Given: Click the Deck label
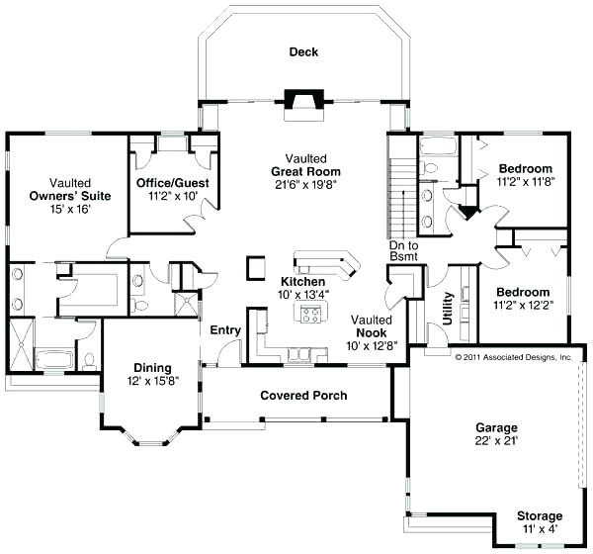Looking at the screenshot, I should coord(303,51).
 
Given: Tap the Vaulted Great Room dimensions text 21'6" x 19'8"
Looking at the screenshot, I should coord(299,184).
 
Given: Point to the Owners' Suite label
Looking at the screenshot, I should coord(69,196).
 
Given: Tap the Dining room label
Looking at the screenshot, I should coord(146,368).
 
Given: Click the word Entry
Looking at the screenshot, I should coord(225,329).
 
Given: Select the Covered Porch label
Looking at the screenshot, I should coord(303,396).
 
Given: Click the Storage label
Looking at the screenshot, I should coord(539,516).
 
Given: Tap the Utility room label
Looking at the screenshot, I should coord(449,309).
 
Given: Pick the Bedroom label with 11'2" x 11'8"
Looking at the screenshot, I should coord(525,168).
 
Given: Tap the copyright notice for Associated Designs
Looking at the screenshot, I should coord(513,356).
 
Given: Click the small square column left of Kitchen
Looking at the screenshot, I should coord(255,267).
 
